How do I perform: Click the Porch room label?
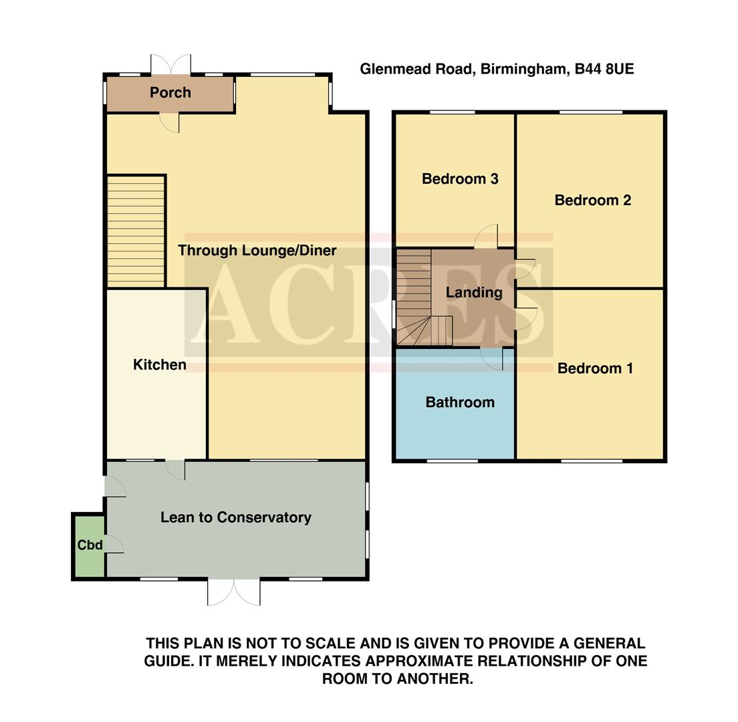pyautogui.click(x=170, y=93)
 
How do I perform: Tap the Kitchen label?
pyautogui.click(x=159, y=365)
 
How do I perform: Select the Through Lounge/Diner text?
pyautogui.click(x=257, y=251)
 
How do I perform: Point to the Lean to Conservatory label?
pyautogui.click(x=235, y=517)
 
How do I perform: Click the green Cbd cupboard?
pyautogui.click(x=89, y=546)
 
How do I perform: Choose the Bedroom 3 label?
pyautogui.click(x=460, y=179)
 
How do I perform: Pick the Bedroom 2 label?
pyautogui.click(x=592, y=200)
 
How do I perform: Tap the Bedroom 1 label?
pyautogui.click(x=595, y=368)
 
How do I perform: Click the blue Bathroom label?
pyautogui.click(x=460, y=402)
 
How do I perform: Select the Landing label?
pyautogui.click(x=474, y=292)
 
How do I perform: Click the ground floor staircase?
pyautogui.click(x=136, y=231)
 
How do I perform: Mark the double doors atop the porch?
pyautogui.click(x=170, y=65)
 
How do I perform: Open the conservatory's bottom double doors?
pyautogui.click(x=234, y=592)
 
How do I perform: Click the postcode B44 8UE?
pyautogui.click(x=604, y=69)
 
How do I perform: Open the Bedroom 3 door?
pyautogui.click(x=487, y=236)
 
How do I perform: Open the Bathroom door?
pyautogui.click(x=492, y=359)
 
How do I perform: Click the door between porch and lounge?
pyautogui.click(x=170, y=122)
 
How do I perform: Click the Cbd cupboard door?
pyautogui.click(x=114, y=544)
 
